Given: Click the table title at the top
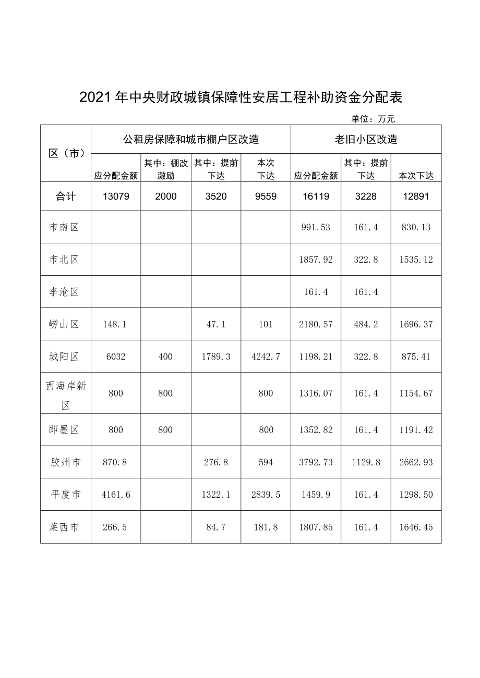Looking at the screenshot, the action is (x=242, y=98).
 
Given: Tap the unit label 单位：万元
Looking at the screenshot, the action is (x=373, y=119).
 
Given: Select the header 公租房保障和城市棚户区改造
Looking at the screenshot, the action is (x=191, y=140).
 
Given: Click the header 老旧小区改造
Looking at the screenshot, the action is (x=366, y=140).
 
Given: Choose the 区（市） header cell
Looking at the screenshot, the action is (x=66, y=153).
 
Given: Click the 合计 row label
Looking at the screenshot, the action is (x=66, y=196).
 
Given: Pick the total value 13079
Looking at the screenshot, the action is (x=116, y=196).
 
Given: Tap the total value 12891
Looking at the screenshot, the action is (x=416, y=196).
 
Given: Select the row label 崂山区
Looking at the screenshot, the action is (x=64, y=324).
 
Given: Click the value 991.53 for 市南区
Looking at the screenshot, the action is (x=316, y=227).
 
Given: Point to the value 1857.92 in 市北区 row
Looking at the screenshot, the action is (x=316, y=260).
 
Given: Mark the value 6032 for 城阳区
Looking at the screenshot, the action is (x=116, y=357).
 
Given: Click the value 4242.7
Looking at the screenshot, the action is (x=266, y=357).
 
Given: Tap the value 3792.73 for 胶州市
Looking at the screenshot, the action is (x=316, y=462).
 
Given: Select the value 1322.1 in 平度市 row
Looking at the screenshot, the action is (x=215, y=495).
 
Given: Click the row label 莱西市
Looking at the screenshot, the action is (x=64, y=527).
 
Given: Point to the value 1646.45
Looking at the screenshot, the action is (x=416, y=527).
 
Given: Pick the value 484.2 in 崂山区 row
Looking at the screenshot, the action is (x=366, y=324).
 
